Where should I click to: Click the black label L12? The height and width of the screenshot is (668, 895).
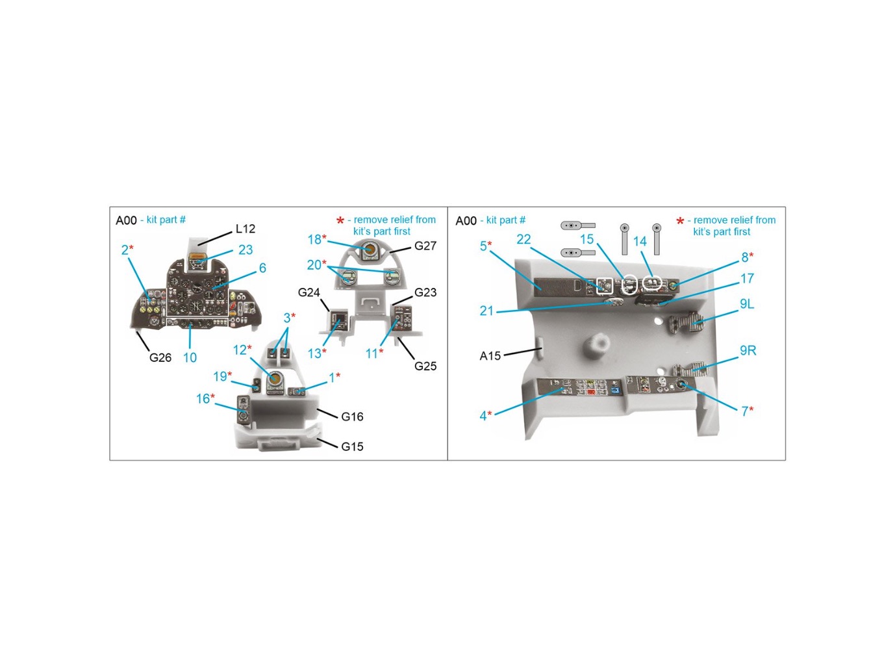[x=245, y=229]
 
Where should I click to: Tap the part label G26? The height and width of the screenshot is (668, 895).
[x=160, y=357]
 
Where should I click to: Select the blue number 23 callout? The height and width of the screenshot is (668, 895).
[x=245, y=250]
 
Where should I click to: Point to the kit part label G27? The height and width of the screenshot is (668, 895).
[x=425, y=246]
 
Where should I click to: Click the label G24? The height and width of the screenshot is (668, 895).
[x=309, y=292]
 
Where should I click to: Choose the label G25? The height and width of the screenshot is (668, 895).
[x=425, y=366]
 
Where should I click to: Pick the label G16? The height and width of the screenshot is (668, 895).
[x=352, y=417]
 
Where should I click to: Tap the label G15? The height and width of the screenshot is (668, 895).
[x=352, y=446]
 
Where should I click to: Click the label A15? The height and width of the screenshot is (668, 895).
[x=490, y=356]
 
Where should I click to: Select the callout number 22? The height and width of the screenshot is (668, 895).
[x=523, y=239]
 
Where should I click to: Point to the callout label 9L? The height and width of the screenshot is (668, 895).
[x=747, y=304]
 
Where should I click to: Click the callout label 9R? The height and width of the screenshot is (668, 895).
[x=748, y=350]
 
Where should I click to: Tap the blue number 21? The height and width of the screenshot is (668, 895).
[x=486, y=311]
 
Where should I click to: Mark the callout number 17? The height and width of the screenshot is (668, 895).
[x=747, y=279]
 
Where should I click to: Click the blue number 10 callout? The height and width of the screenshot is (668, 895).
[x=190, y=357]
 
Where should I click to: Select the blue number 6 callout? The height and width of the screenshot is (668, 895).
[x=262, y=268]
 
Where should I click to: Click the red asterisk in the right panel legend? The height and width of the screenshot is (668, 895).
[x=680, y=222]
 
